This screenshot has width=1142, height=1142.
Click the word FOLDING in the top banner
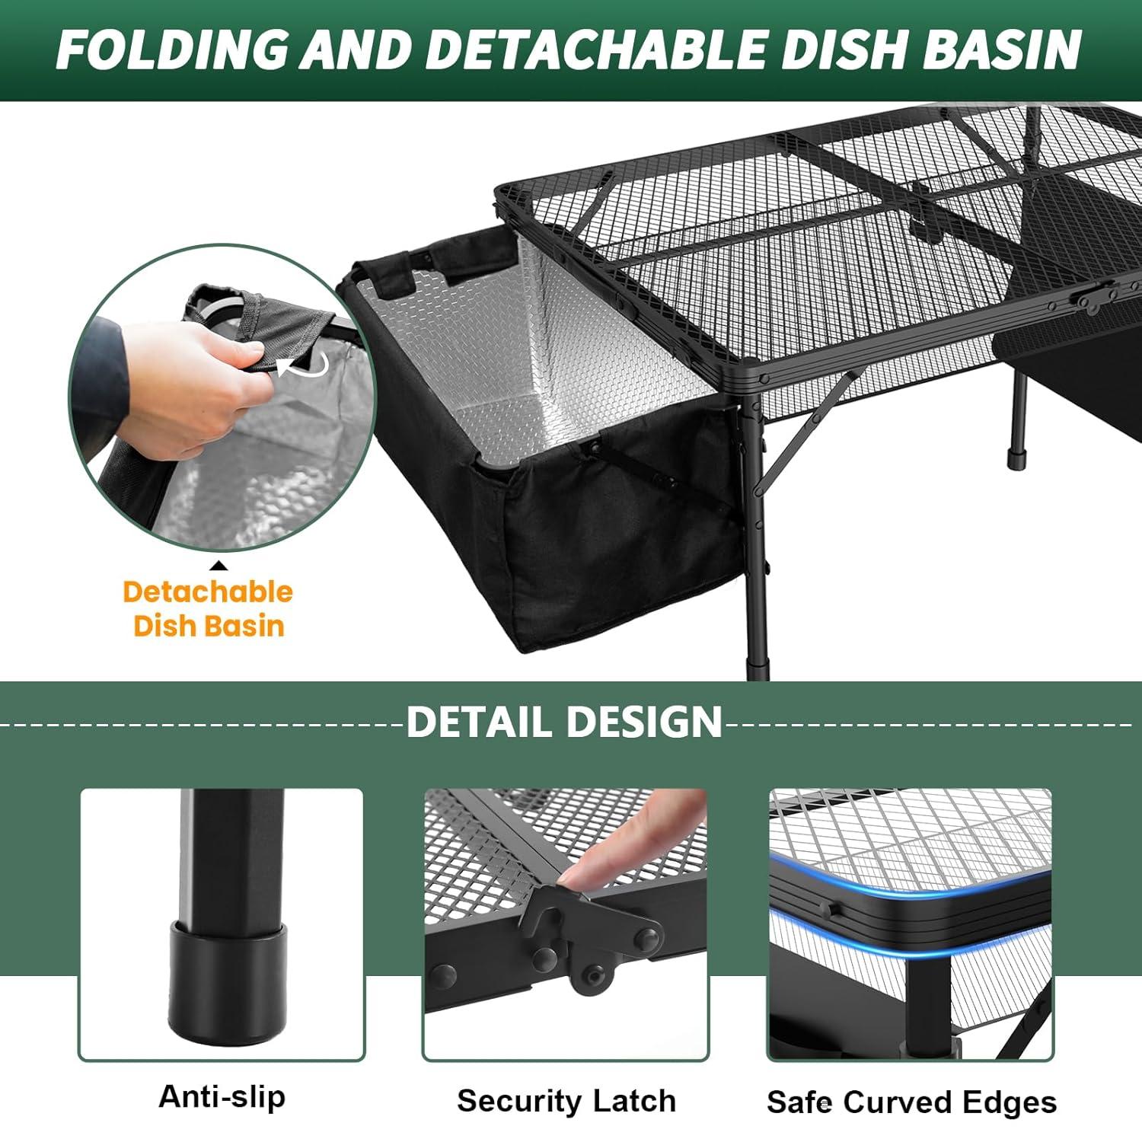click(x=171, y=50)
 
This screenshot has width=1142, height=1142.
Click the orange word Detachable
click(x=208, y=592)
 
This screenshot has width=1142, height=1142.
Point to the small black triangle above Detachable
click(x=219, y=565)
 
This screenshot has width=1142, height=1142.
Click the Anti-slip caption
click(x=222, y=1097)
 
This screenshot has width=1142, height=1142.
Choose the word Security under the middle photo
click(x=517, y=1101)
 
